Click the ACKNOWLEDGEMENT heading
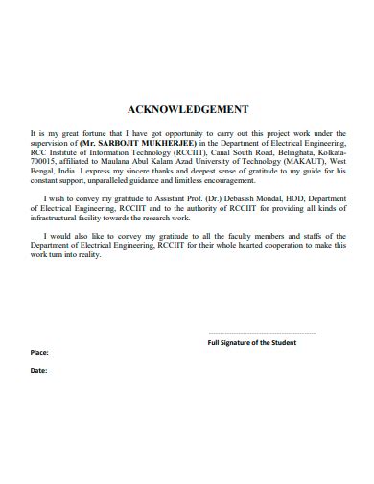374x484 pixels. pos(188,109)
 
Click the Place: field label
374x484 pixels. pos(41,353)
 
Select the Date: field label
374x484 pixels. pos(39,369)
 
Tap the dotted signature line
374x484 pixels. pos(261,332)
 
